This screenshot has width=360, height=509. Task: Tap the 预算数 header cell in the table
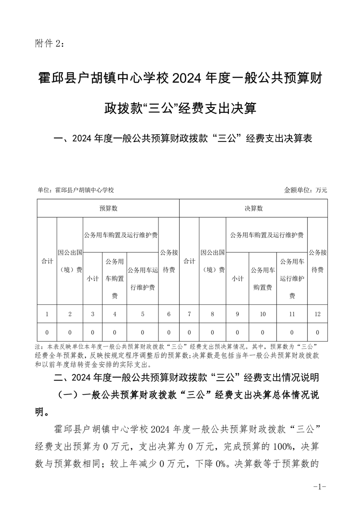108,208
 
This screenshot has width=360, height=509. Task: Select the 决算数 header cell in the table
253,208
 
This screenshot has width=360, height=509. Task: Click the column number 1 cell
47,313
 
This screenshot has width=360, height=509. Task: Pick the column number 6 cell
169,313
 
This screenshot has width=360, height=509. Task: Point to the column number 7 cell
189,313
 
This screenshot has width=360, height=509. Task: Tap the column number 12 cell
317,313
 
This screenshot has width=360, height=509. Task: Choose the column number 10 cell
262,313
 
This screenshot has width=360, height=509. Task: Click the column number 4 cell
115,313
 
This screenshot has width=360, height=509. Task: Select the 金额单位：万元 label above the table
306,190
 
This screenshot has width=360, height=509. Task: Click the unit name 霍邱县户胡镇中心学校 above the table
84,190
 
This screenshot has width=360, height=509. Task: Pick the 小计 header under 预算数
93,279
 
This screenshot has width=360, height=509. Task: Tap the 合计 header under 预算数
47,261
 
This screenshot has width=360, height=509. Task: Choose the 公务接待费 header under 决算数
317,261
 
